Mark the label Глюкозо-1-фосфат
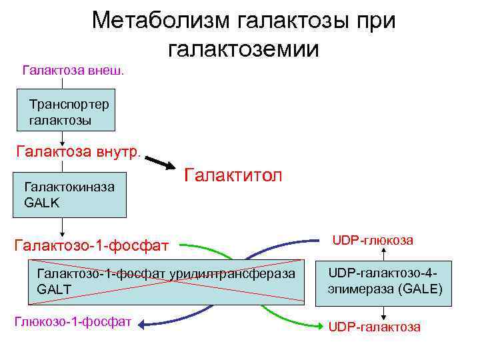[x=73, y=321]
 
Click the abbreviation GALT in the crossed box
[x=54, y=288]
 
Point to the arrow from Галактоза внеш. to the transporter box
[x=65, y=85]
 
